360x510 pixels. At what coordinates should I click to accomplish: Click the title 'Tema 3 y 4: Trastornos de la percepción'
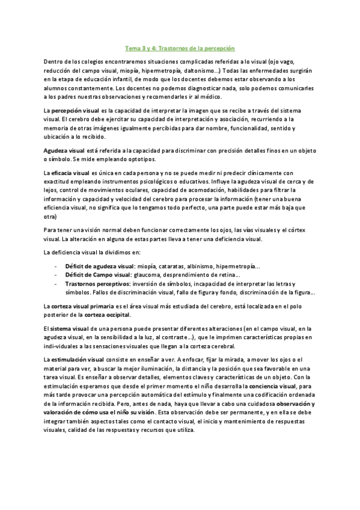[x=179, y=46]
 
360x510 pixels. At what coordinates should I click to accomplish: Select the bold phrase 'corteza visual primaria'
[x=82, y=307]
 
